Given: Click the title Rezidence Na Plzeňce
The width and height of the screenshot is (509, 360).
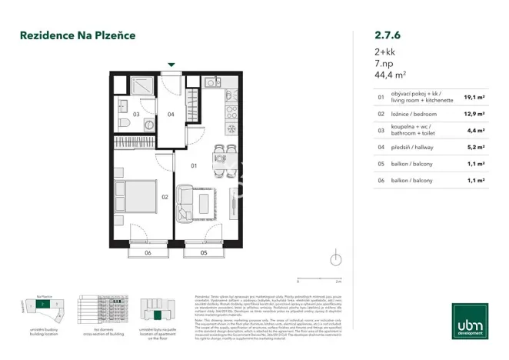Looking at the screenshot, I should pyautogui.click(x=78, y=35).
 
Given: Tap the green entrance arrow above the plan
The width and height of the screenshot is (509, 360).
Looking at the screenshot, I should pyautogui.click(x=171, y=65).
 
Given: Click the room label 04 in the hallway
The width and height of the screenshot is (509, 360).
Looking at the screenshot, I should pyautogui.click(x=171, y=115).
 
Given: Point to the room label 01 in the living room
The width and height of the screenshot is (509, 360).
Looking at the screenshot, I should pyautogui.click(x=195, y=165).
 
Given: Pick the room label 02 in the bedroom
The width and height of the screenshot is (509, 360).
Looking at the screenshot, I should pyautogui.click(x=165, y=198).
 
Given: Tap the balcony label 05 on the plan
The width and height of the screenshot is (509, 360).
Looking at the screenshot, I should pyautogui.click(x=204, y=252).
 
